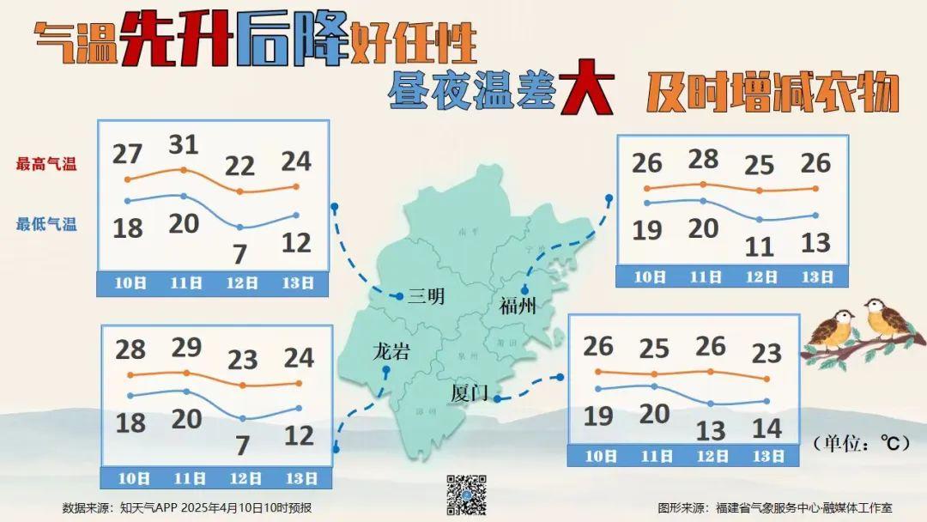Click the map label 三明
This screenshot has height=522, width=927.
tap(426, 297)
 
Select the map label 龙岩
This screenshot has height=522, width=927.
tap(391, 351)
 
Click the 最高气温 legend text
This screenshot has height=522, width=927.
tap(46, 164)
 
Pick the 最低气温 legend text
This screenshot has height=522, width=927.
tap(46, 224)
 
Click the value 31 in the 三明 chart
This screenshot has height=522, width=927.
tap(182, 144)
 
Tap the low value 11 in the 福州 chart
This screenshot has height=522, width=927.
tap(759, 247)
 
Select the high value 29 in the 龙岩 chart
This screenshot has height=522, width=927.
tap(185, 348)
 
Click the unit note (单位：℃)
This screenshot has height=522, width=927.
tap(860, 443)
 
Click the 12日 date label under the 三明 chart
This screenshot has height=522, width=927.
tap(241, 282)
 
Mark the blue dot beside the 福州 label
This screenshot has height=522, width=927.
tap(524, 290)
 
